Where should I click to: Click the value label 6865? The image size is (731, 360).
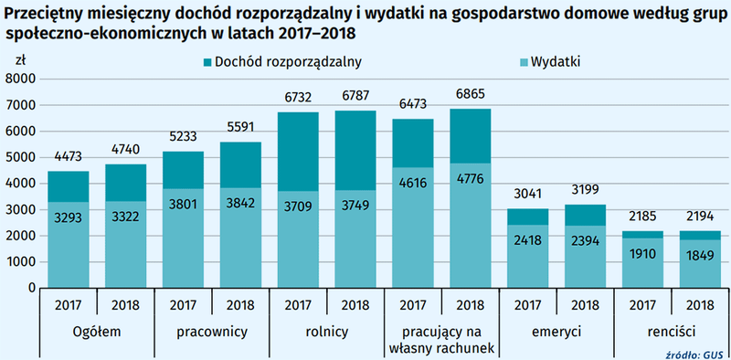click(x=471, y=95)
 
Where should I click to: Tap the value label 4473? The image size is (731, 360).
click(x=68, y=158)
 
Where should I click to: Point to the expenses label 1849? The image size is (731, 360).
click(x=698, y=254)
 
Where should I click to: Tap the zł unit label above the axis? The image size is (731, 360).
click(x=21, y=59)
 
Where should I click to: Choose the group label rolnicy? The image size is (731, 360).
click(x=326, y=333)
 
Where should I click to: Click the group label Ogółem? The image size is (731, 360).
click(x=97, y=333)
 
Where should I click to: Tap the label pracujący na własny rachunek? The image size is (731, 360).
click(x=441, y=340)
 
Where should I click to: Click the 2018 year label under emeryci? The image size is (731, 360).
click(x=584, y=306)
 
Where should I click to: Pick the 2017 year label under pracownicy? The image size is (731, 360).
click(x=183, y=306)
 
